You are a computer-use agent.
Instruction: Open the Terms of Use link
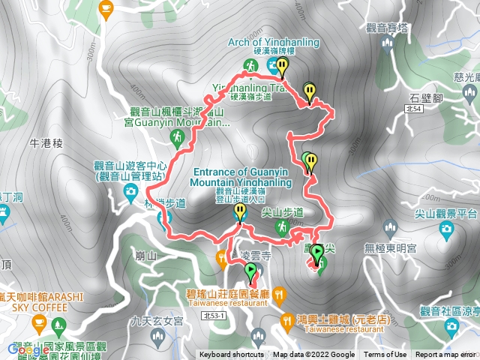point(385,355)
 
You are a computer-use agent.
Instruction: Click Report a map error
point(445,355)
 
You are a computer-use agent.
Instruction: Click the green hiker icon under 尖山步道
point(281,226)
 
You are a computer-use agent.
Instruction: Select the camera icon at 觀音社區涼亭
point(451,325)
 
